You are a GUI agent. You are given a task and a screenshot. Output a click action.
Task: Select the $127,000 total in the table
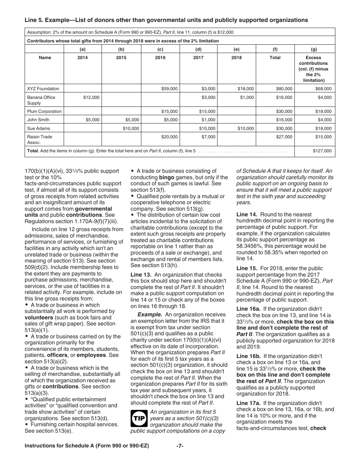pyautogui.click(x=322, y=151)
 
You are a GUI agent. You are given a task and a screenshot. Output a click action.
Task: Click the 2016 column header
pyautogui.click(x=160, y=58)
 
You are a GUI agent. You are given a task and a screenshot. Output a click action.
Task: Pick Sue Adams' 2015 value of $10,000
pyautogui.click(x=131, y=128)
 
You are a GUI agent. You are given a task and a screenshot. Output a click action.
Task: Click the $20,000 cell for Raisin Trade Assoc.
pyautogui.click(x=169, y=137)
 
